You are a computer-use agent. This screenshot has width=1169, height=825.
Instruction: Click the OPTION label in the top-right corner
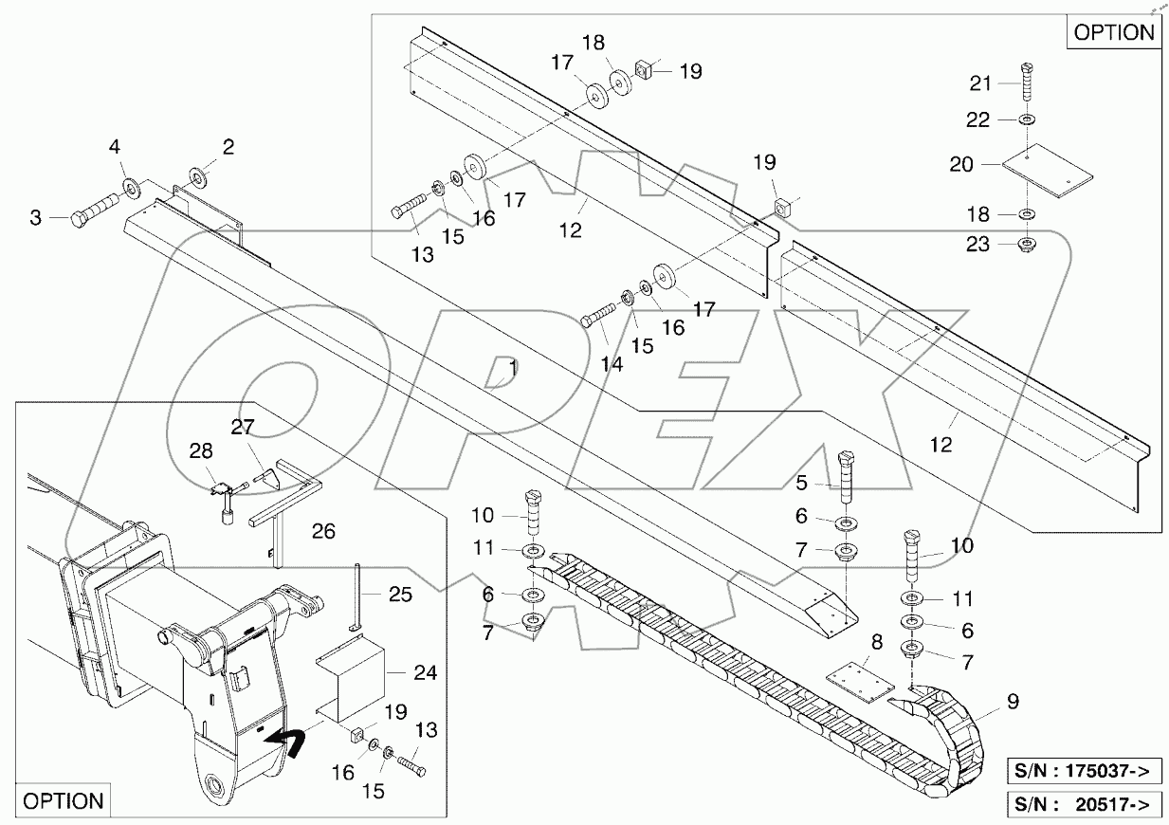coord(1114,32)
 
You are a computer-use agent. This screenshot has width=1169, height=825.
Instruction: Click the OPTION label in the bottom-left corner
coord(63,800)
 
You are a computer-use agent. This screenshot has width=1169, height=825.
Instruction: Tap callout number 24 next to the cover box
coord(425,673)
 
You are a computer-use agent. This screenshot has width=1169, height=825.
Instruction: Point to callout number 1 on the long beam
coord(512,365)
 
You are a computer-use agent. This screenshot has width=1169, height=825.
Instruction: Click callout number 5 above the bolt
coord(802,483)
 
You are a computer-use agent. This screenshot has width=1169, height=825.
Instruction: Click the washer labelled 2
coord(200,177)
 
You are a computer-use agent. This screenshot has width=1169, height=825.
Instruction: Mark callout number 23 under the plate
coord(977,245)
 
